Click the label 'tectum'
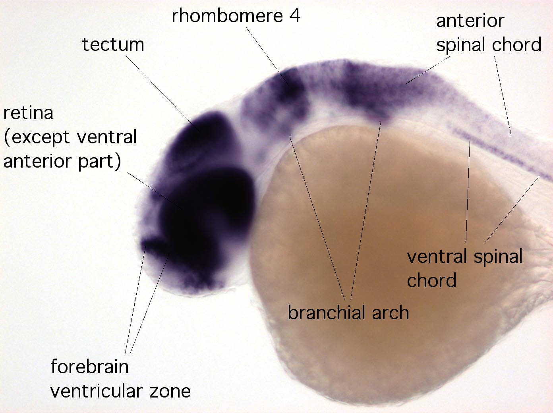[x=113, y=44]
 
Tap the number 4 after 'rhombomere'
[x=295, y=15]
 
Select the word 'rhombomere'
[x=227, y=15]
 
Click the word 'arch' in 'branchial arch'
[x=390, y=313]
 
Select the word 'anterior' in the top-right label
[x=470, y=21]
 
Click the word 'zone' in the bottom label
[x=170, y=392]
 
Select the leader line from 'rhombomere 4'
[x=267, y=56]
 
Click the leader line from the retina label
[x=155, y=191]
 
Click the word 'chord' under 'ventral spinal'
[x=431, y=280]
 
